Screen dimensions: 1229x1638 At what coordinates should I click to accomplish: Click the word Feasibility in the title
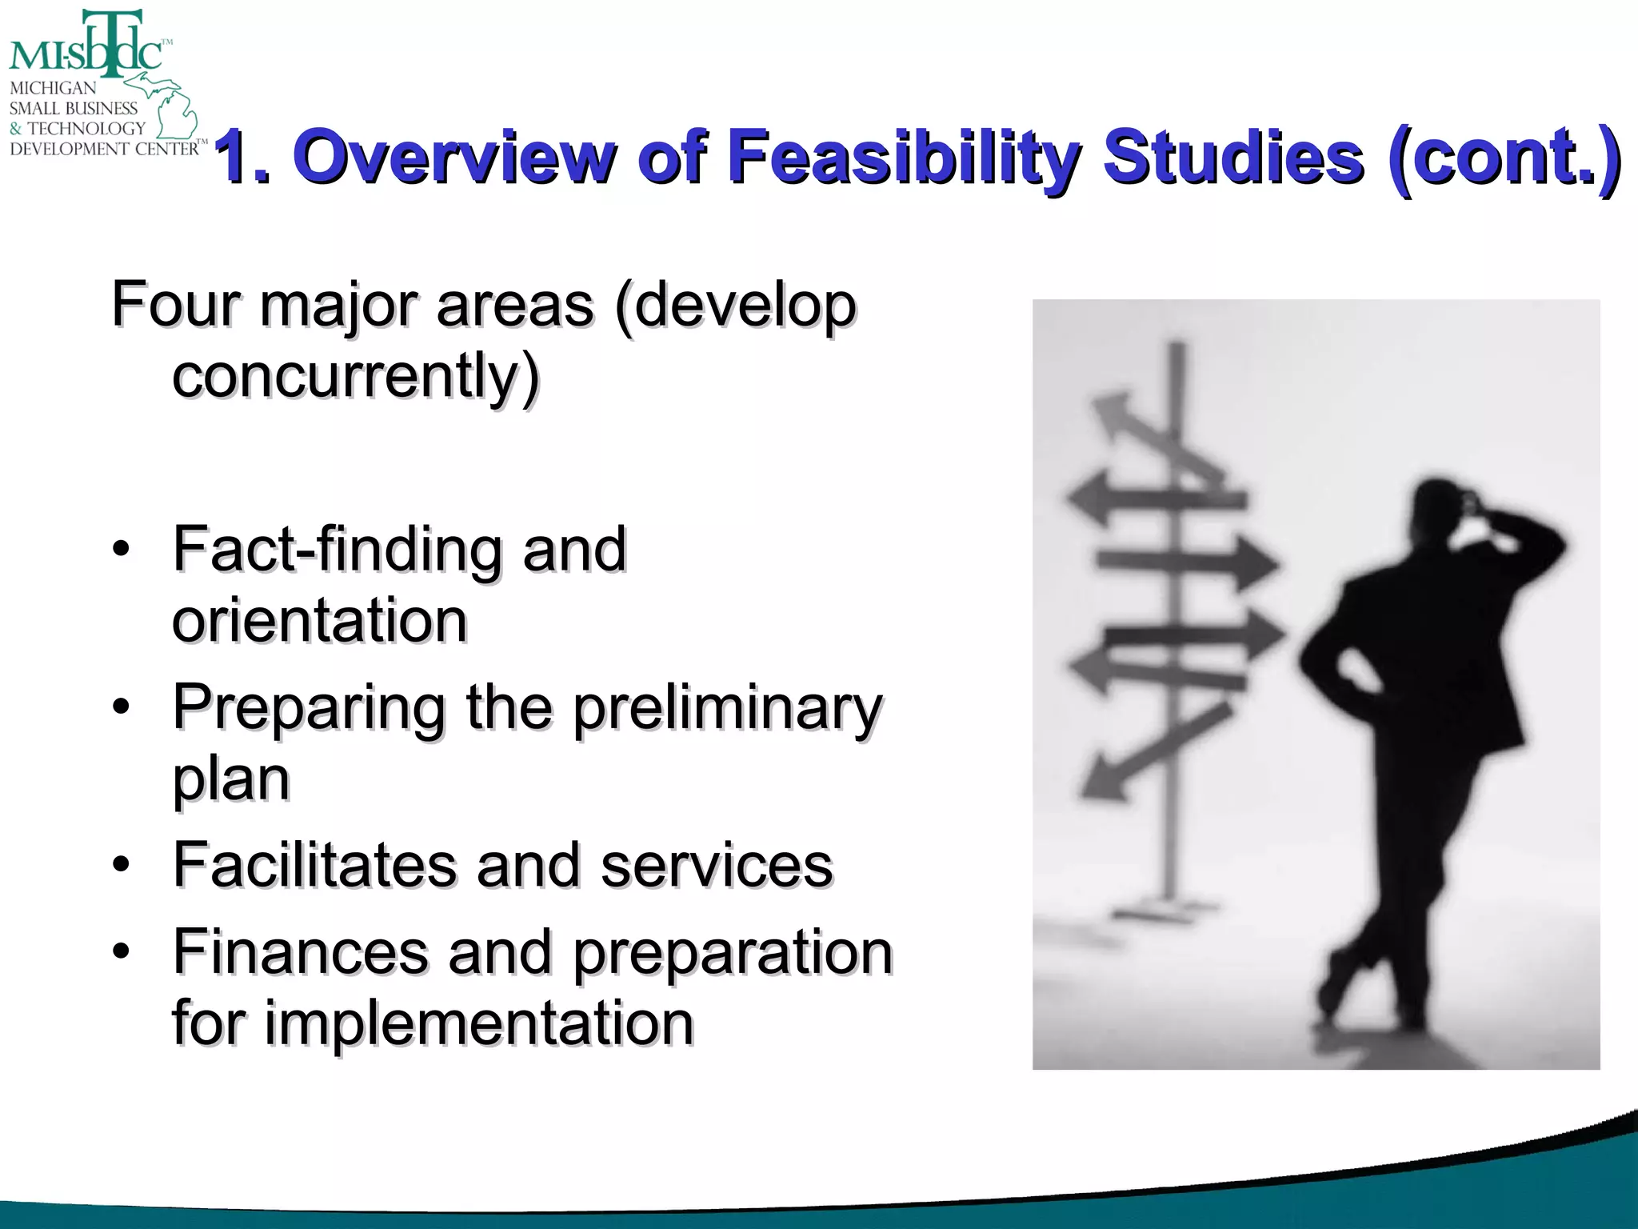904,157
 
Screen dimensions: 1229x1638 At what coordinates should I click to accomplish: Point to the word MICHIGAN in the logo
53,88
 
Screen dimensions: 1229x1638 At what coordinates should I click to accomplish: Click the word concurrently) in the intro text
356,376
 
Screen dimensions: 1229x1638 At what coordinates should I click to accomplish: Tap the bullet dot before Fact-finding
121,550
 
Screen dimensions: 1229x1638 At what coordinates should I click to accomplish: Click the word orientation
319,621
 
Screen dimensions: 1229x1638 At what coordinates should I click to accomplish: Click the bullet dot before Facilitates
121,865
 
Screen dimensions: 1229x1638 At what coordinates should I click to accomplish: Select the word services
717,866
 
